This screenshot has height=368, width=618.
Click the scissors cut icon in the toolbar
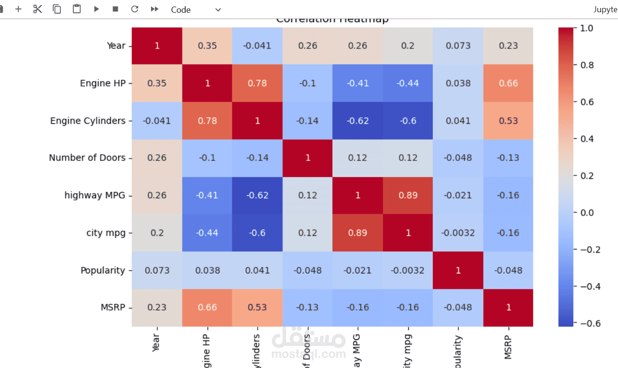click(x=38, y=9)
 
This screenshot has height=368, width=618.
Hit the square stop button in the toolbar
click(x=115, y=9)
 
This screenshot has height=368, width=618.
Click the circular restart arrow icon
click(x=135, y=9)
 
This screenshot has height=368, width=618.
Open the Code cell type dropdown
click(x=195, y=9)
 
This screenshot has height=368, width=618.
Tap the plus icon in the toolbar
click(x=18, y=9)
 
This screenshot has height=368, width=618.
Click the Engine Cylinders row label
click(x=88, y=121)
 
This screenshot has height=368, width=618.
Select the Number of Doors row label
click(x=87, y=158)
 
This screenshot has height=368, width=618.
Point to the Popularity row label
click(x=103, y=271)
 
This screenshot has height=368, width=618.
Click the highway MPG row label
click(x=95, y=195)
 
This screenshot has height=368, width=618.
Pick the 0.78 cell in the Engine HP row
click(x=257, y=83)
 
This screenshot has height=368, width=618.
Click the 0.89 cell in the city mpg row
click(x=358, y=233)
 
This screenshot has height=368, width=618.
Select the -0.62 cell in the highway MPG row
click(x=257, y=195)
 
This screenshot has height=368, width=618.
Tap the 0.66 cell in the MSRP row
click(x=207, y=308)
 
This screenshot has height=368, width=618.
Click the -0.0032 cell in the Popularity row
click(x=408, y=271)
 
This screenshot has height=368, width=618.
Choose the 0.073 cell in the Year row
click(x=458, y=46)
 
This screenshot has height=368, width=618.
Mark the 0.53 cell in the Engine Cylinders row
click(x=508, y=121)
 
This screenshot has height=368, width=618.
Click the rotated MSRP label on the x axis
click(x=508, y=347)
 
